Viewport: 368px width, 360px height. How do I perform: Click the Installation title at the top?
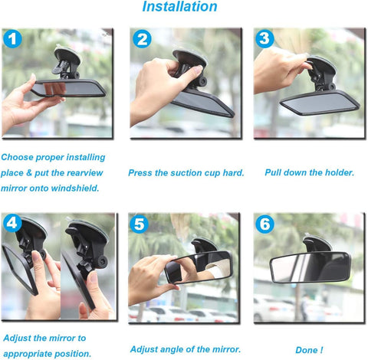click(180, 8)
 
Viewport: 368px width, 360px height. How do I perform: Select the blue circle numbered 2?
click(142, 40)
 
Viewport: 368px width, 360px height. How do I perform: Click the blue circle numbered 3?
click(264, 38)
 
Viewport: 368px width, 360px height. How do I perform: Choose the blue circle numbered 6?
click(264, 224)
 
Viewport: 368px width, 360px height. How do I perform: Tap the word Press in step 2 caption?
click(143, 173)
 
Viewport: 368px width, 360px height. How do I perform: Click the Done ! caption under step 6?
click(309, 350)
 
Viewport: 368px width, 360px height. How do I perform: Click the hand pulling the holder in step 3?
click(280, 69)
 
